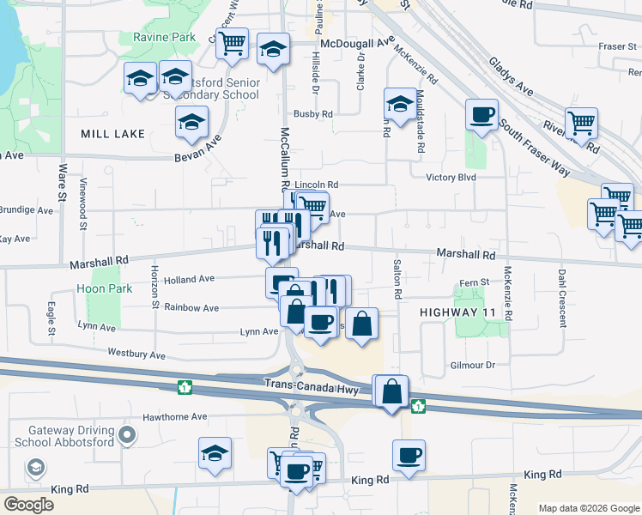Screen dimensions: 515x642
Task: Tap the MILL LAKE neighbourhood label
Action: pyautogui.click(x=112, y=135)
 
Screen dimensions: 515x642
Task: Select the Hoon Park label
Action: pyautogui.click(x=104, y=289)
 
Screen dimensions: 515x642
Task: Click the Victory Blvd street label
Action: pyautogui.click(x=451, y=178)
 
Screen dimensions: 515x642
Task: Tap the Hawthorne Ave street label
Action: pyautogui.click(x=176, y=417)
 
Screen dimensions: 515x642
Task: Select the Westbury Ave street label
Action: pyautogui.click(x=136, y=354)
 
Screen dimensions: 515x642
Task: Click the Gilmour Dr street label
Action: pyautogui.click(x=473, y=365)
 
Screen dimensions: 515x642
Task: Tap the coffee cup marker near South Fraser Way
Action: pyautogui.click(x=481, y=114)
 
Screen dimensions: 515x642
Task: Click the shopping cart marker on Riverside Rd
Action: pyautogui.click(x=581, y=123)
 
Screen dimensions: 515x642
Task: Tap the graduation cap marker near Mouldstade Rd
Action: pyautogui.click(x=398, y=104)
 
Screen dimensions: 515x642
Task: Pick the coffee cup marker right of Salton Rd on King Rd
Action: pyautogui.click(x=409, y=455)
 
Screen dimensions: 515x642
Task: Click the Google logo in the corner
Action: pyautogui.click(x=28, y=504)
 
